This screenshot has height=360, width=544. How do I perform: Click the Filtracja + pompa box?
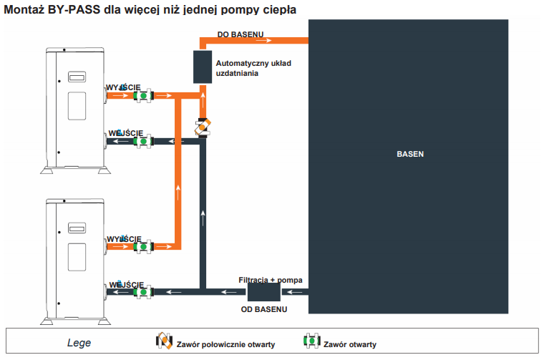(x=263, y=291)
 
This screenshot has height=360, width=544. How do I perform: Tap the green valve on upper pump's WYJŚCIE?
(x=143, y=95)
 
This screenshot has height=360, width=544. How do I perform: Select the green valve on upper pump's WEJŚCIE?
(x=143, y=142)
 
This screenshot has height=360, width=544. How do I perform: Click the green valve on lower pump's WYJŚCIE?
(x=143, y=246)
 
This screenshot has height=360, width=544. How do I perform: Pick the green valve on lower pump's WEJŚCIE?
(x=143, y=291)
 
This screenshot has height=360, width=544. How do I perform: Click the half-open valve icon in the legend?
(x=164, y=342)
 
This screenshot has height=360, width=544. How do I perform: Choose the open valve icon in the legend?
(x=311, y=342)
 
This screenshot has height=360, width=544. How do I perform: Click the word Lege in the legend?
(x=79, y=344)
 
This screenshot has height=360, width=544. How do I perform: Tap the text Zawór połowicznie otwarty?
(x=225, y=344)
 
